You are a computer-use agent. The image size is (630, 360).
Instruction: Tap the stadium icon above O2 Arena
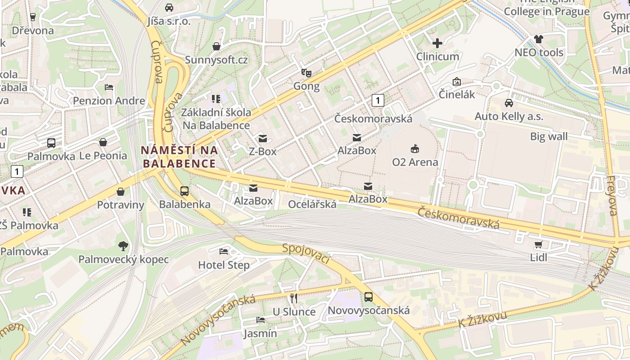coord(414,148)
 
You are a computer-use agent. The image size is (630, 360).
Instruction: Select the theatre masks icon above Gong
coord(306,72)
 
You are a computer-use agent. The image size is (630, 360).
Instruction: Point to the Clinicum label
coord(437,57)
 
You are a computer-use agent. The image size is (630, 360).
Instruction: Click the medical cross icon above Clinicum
coord(437,43)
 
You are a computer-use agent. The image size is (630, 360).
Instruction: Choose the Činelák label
coord(457,94)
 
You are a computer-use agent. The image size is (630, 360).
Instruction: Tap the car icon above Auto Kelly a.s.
coord(509,103)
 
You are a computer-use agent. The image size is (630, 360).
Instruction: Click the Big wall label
coord(549,136)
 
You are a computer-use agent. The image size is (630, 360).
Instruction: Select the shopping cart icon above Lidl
coord(538,244)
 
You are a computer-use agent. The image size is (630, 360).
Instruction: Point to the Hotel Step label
coord(224,265)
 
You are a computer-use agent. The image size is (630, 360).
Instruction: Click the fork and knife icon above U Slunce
coord(294,298)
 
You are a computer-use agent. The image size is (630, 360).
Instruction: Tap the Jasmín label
coord(260,333)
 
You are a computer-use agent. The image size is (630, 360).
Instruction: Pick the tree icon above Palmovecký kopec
coord(123,246)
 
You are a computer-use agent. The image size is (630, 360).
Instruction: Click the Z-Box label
coord(263,152)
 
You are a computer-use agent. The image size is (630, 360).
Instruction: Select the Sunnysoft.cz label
coord(216,60)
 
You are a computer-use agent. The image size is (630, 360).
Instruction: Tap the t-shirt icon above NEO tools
coord(539,39)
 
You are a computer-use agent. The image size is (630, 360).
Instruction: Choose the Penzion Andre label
coord(109,100)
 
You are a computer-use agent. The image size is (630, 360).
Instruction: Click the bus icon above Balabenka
coord(184,191)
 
